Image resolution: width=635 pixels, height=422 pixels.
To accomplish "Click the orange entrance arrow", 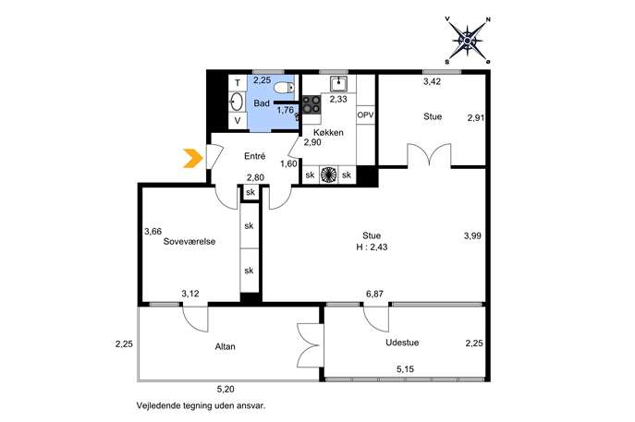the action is pyautogui.click(x=193, y=158).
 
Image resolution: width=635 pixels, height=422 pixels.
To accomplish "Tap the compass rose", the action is pyautogui.click(x=468, y=41).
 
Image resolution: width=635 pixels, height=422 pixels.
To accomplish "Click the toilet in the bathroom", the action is pyautogui.click(x=285, y=87).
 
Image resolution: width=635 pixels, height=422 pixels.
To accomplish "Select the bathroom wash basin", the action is pyautogui.click(x=237, y=102).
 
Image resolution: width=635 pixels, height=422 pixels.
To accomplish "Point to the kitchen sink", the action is pyautogui.click(x=337, y=84).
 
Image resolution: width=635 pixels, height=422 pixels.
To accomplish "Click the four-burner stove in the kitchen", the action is pyautogui.click(x=311, y=104).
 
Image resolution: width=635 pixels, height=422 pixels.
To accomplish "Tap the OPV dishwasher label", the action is pyautogui.click(x=365, y=115).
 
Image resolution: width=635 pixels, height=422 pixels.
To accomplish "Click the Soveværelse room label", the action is pyautogui.click(x=189, y=242).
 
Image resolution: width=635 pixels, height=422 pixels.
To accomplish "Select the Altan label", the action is pyautogui.click(x=226, y=347).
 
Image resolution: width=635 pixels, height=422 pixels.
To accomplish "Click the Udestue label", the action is pyautogui.click(x=402, y=343).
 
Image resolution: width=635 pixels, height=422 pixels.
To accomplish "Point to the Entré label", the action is pyautogui.click(x=255, y=156).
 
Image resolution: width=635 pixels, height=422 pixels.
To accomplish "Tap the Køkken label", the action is pyautogui.click(x=328, y=132).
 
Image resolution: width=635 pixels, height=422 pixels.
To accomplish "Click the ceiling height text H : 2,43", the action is pyautogui.click(x=372, y=247).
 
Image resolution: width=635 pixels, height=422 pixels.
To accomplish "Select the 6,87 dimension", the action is pyautogui.click(x=374, y=295).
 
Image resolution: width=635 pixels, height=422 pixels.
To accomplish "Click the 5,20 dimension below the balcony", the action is pyautogui.click(x=226, y=390).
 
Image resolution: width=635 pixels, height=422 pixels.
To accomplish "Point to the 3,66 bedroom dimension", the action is pyautogui.click(x=153, y=232).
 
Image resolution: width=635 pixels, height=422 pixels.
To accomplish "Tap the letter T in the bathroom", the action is pyautogui.click(x=238, y=84).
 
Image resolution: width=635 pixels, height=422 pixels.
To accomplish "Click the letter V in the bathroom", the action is pyautogui.click(x=238, y=120).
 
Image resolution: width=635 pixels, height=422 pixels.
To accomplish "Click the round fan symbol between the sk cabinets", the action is pyautogui.click(x=328, y=175).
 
